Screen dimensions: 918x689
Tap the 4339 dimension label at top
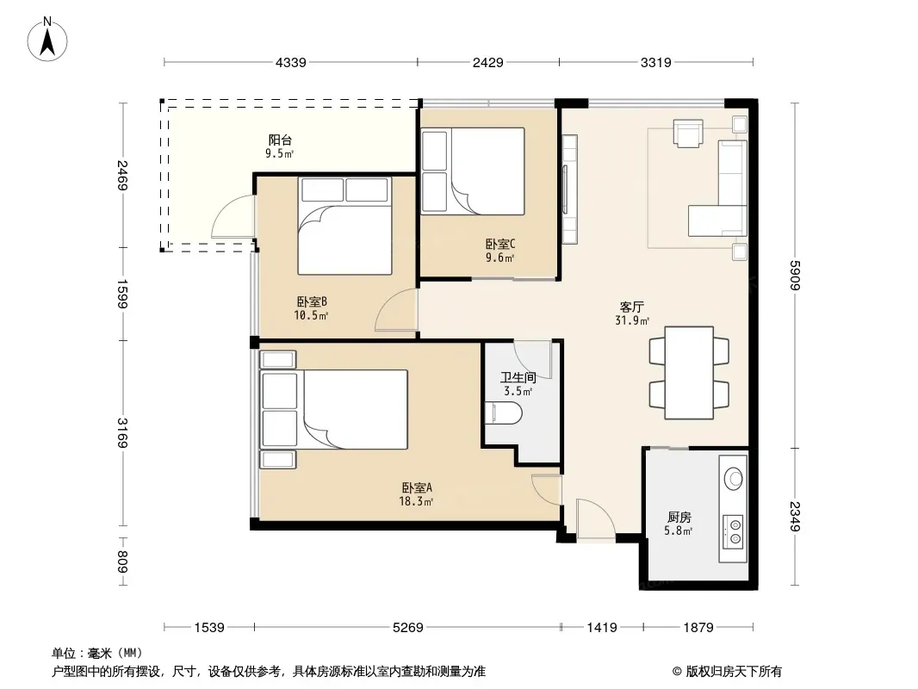291,63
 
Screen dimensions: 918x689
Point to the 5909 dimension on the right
795,275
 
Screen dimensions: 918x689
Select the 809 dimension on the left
122,562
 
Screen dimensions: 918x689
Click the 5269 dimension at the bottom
408,628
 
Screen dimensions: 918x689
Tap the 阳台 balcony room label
280,140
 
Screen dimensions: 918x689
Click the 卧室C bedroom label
500,244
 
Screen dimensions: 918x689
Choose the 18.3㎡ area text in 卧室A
416,501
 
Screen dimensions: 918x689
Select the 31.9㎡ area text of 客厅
632,320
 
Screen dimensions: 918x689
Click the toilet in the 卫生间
504,413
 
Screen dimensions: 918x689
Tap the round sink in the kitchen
734,478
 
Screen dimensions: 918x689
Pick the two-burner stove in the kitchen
733,531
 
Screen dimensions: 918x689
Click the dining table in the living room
689,373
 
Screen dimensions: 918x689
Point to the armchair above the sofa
688,133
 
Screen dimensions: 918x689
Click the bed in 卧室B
344,226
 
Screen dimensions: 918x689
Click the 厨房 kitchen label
679,518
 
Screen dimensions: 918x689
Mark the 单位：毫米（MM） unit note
97,654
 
